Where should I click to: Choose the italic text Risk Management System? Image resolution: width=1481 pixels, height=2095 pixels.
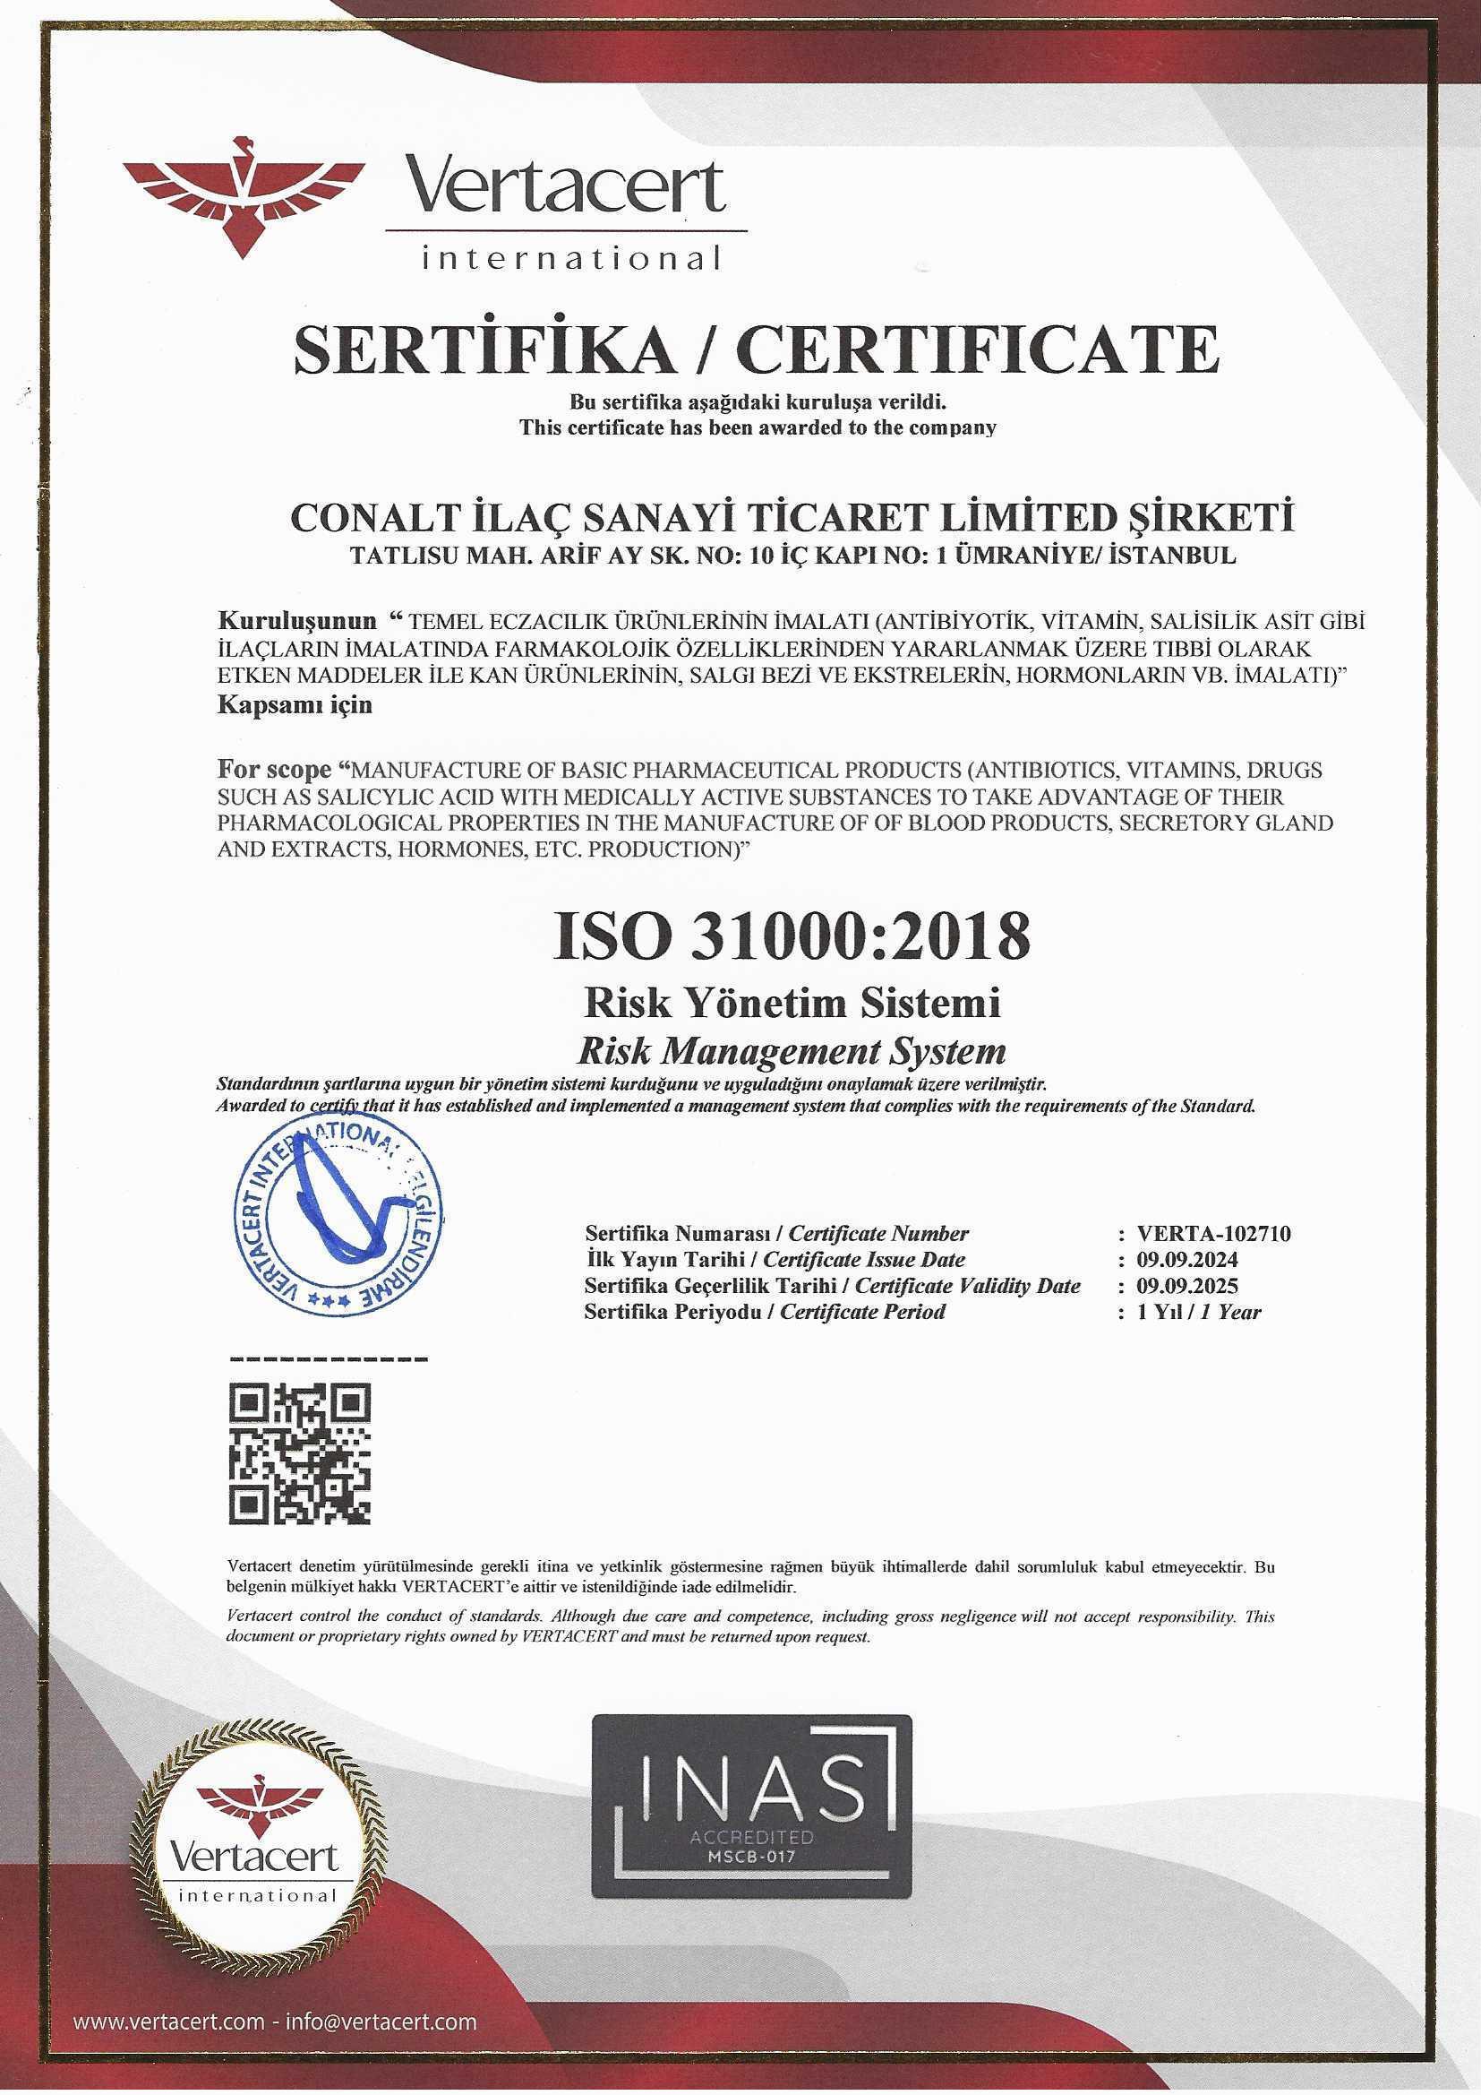pyautogui.click(x=792, y=1051)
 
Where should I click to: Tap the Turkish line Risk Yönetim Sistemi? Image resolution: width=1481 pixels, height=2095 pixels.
pyautogui.click(x=792, y=1004)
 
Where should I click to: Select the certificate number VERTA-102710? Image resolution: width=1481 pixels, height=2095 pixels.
pyautogui.click(x=1214, y=1235)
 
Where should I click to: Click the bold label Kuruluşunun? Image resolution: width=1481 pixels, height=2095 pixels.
pyautogui.click(x=296, y=621)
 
